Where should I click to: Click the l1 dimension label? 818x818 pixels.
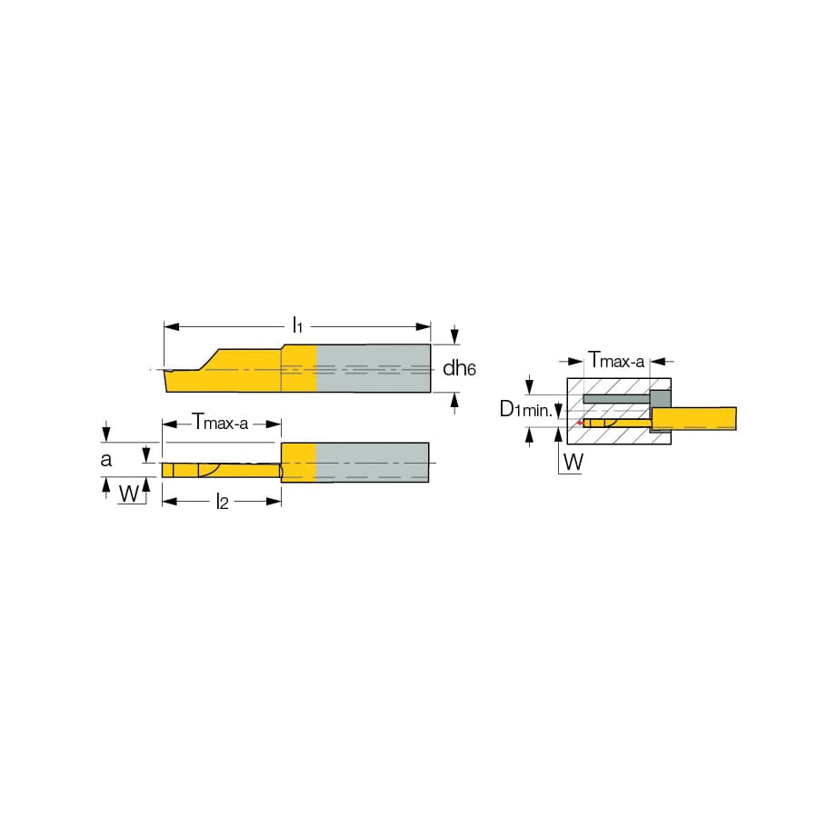click(x=297, y=325)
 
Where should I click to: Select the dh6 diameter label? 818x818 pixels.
click(x=459, y=368)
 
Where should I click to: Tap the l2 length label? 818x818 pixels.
click(x=223, y=502)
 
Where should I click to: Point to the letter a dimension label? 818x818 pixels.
click(x=106, y=460)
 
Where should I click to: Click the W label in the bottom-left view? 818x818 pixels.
click(x=129, y=493)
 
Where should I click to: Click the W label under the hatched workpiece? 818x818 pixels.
click(x=574, y=462)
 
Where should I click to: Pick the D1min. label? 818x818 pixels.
click(x=525, y=410)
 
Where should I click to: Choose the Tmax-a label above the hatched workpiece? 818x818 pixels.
click(x=616, y=360)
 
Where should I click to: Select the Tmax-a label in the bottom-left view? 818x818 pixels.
click(x=220, y=422)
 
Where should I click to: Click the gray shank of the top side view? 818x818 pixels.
click(x=374, y=368)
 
